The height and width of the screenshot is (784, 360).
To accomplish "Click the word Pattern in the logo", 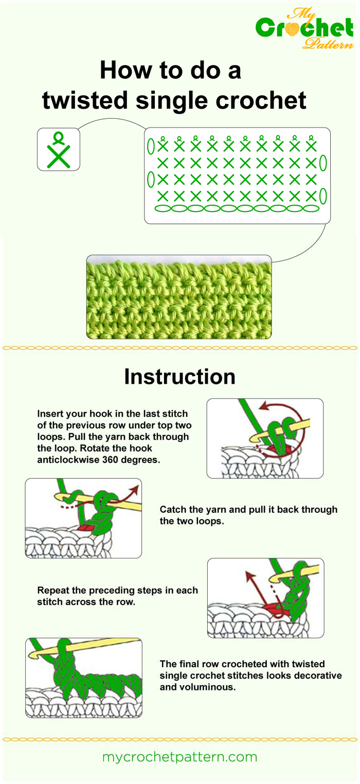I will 328,44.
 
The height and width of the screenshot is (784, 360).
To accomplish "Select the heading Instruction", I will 179,377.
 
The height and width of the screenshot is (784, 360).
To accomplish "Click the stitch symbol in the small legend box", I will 59,150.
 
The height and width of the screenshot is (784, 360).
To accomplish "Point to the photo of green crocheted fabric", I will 178,297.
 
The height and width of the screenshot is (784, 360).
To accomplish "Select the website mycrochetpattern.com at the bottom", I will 179,757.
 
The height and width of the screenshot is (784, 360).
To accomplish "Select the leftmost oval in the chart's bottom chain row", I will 163,208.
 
